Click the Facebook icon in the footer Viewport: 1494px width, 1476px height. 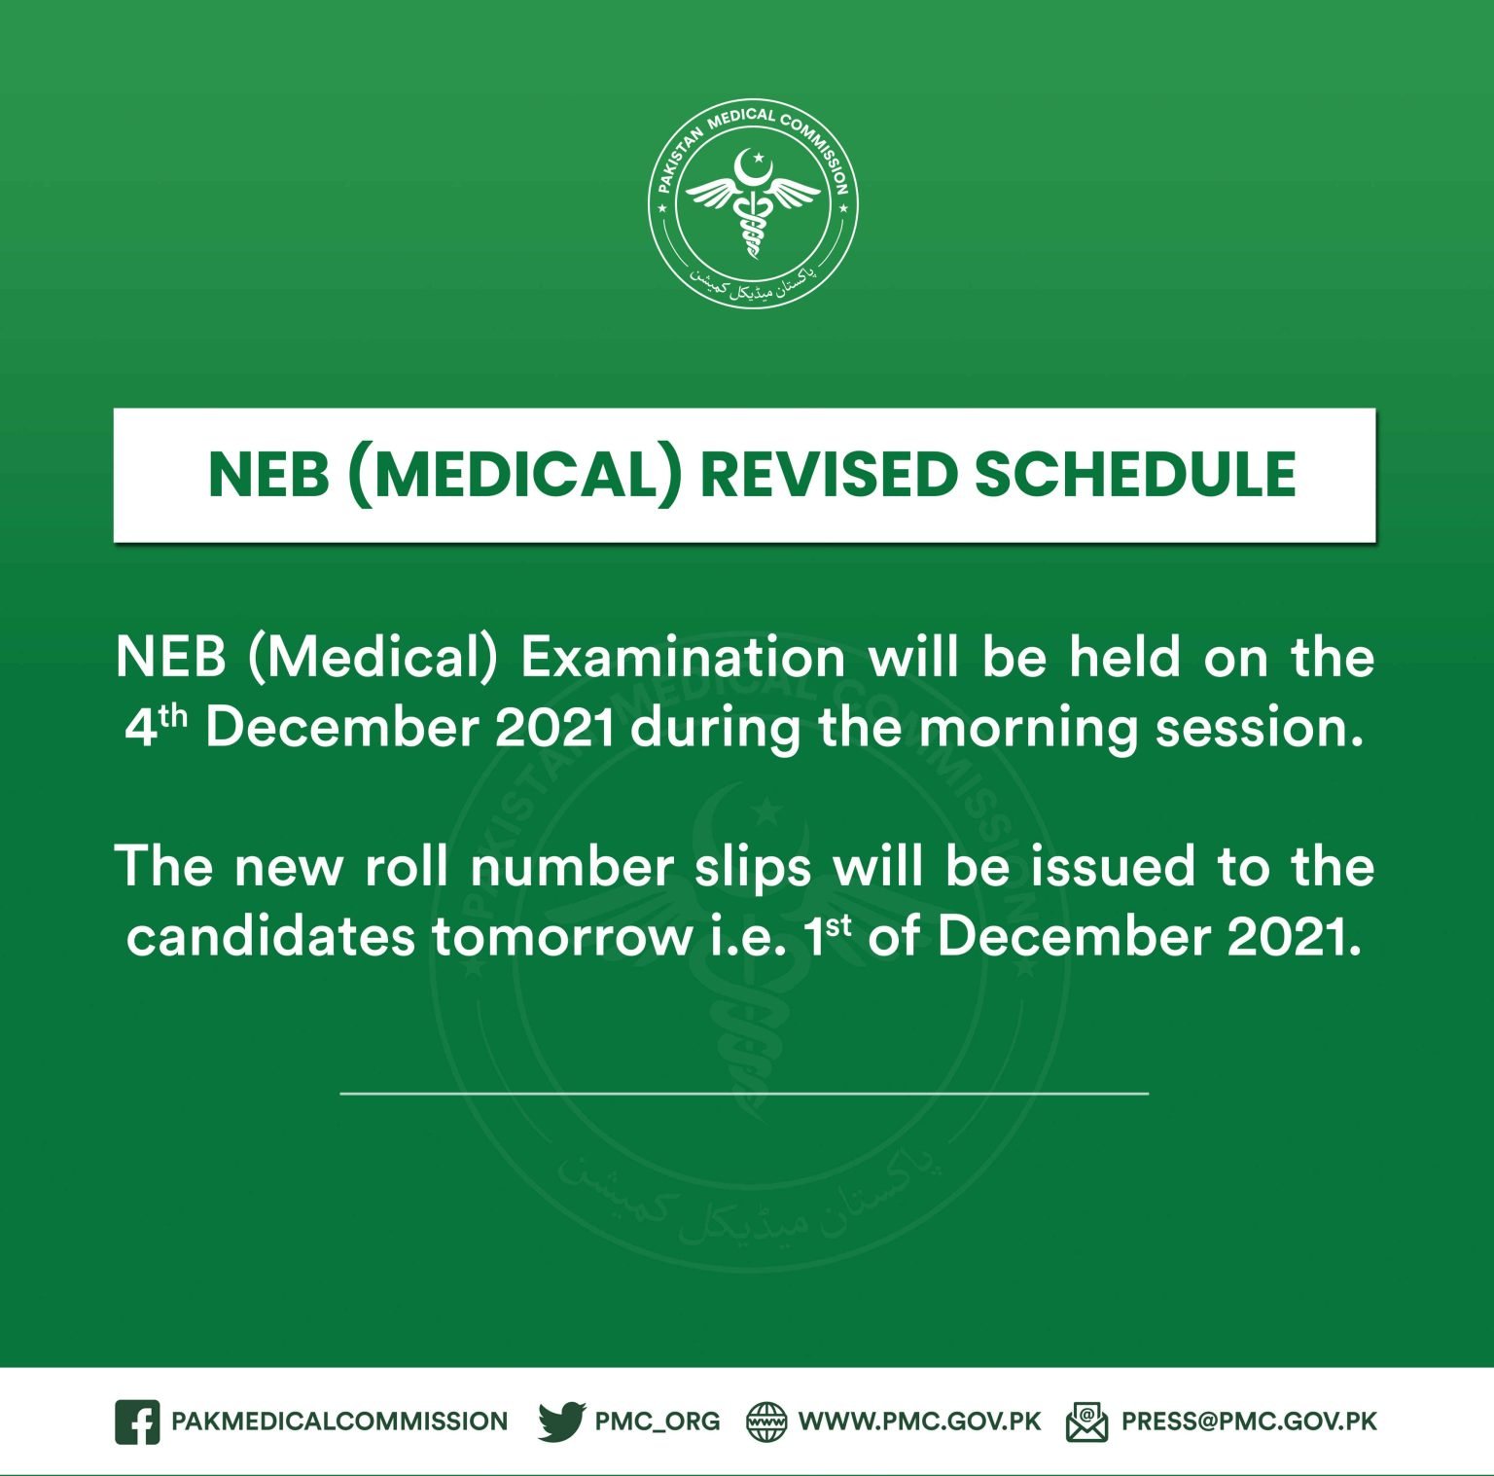[137, 1422]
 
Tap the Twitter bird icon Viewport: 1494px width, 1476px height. [561, 1422]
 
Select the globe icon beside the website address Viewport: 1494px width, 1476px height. [766, 1422]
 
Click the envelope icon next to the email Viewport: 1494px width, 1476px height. [1086, 1422]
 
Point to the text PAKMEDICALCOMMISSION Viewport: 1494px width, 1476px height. [339, 1422]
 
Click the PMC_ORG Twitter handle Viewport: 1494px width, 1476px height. [658, 1422]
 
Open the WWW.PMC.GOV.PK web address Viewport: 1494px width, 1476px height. [919, 1422]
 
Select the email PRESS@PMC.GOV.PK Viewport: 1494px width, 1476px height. [1249, 1422]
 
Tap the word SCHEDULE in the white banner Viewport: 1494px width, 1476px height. [1135, 475]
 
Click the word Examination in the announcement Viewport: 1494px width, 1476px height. [683, 658]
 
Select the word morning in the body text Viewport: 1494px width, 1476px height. [1029, 729]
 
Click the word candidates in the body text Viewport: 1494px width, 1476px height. [270, 937]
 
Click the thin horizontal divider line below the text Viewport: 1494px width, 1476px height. [744, 1094]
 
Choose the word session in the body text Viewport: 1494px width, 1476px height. [1259, 729]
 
